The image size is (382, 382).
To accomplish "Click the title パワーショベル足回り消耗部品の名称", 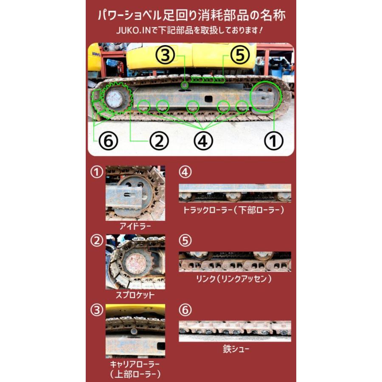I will [x=191, y=16].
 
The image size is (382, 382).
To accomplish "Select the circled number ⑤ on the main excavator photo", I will [x=240, y=55].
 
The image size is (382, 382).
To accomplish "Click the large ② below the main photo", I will [x=159, y=141].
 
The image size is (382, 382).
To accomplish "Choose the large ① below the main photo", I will [x=273, y=141].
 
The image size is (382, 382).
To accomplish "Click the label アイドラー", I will [x=135, y=226].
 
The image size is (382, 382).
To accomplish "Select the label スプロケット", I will [x=135, y=295].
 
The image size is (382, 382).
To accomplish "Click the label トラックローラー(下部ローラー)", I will [x=233, y=210].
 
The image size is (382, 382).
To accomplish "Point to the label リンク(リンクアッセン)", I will [x=234, y=279].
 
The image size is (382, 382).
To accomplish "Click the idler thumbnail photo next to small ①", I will [x=135, y=193].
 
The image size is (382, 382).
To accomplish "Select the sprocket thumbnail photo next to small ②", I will [x=135, y=262].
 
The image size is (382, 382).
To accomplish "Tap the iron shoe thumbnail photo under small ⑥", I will [x=235, y=331].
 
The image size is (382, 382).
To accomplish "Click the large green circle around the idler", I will [x=266, y=97].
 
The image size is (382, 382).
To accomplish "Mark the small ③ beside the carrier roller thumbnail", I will [x=98, y=310].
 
